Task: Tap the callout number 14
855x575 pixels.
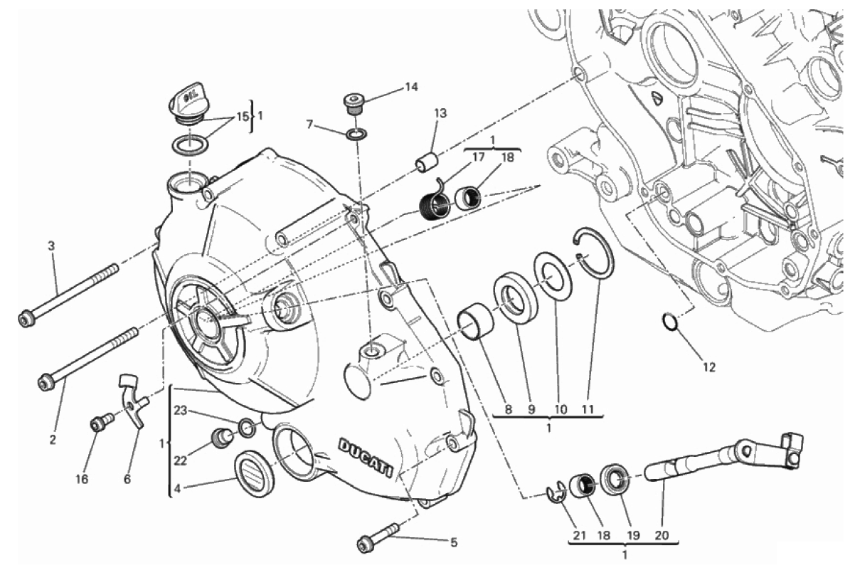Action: point(411,88)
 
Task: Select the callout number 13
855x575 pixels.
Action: point(441,113)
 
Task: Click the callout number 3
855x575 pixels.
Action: point(51,246)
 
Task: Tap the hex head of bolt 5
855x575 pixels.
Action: point(365,545)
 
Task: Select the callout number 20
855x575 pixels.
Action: point(663,534)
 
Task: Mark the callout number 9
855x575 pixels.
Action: point(530,409)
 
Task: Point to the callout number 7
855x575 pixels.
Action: point(310,125)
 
